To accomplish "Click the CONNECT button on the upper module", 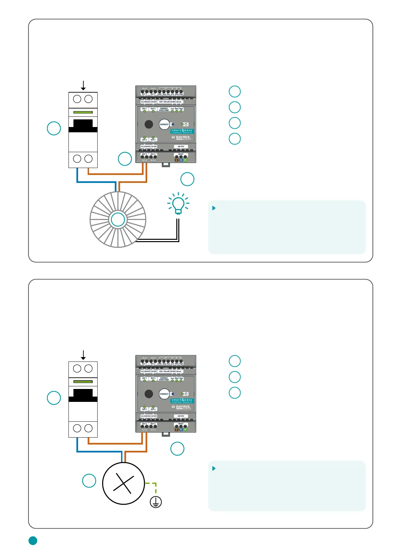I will [164, 124].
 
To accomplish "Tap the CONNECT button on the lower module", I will [164, 394].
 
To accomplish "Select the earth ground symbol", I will [156, 502].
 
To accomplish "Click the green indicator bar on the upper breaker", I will [83, 112].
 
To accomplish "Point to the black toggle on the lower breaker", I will [83, 395].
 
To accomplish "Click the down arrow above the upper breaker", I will [83, 86].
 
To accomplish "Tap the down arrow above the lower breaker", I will [83, 355].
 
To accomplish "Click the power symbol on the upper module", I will [186, 124].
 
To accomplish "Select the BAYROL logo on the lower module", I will [182, 407].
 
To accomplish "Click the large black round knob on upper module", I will [149, 124].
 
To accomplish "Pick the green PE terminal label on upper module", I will [185, 160].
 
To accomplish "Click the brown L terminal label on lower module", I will [177, 430].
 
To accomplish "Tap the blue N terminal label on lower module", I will [181, 430].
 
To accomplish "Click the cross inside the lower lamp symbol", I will [123, 483].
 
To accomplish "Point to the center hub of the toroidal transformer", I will [118, 220].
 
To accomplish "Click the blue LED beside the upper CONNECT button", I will [173, 124].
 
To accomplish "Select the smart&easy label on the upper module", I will [182, 131].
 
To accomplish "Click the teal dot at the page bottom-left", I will [33, 540].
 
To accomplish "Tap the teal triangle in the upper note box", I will [214, 208].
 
